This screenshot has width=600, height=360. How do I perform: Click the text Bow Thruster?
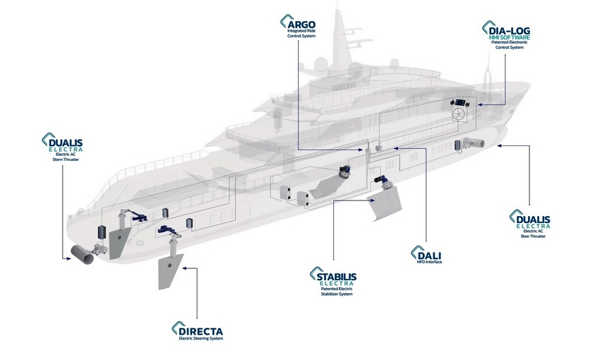pos(534,236)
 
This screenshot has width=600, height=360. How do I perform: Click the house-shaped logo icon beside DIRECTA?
pos(176,329)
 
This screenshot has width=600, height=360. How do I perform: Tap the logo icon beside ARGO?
pos(286,23)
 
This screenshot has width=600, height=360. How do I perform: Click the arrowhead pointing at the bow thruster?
pos(499,145)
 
